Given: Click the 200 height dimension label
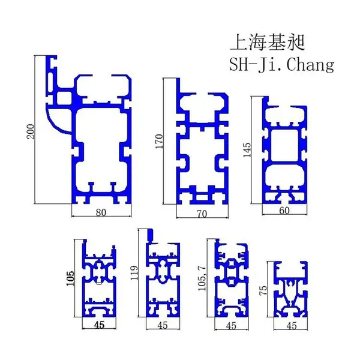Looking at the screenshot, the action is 31,131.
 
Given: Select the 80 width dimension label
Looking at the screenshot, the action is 101,213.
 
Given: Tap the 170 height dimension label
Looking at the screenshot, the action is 159,141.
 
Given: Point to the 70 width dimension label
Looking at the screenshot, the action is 202,214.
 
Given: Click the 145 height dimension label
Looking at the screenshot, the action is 247,150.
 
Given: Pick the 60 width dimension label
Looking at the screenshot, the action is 284,211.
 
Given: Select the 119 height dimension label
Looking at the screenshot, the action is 134,273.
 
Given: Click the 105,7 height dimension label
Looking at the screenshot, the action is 202,278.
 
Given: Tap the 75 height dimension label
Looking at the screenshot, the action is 264,290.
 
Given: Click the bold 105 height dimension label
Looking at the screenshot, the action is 70,278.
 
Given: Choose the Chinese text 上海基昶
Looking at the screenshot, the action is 267,43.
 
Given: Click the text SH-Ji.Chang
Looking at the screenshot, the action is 282,65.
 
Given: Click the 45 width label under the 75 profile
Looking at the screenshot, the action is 292,326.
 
